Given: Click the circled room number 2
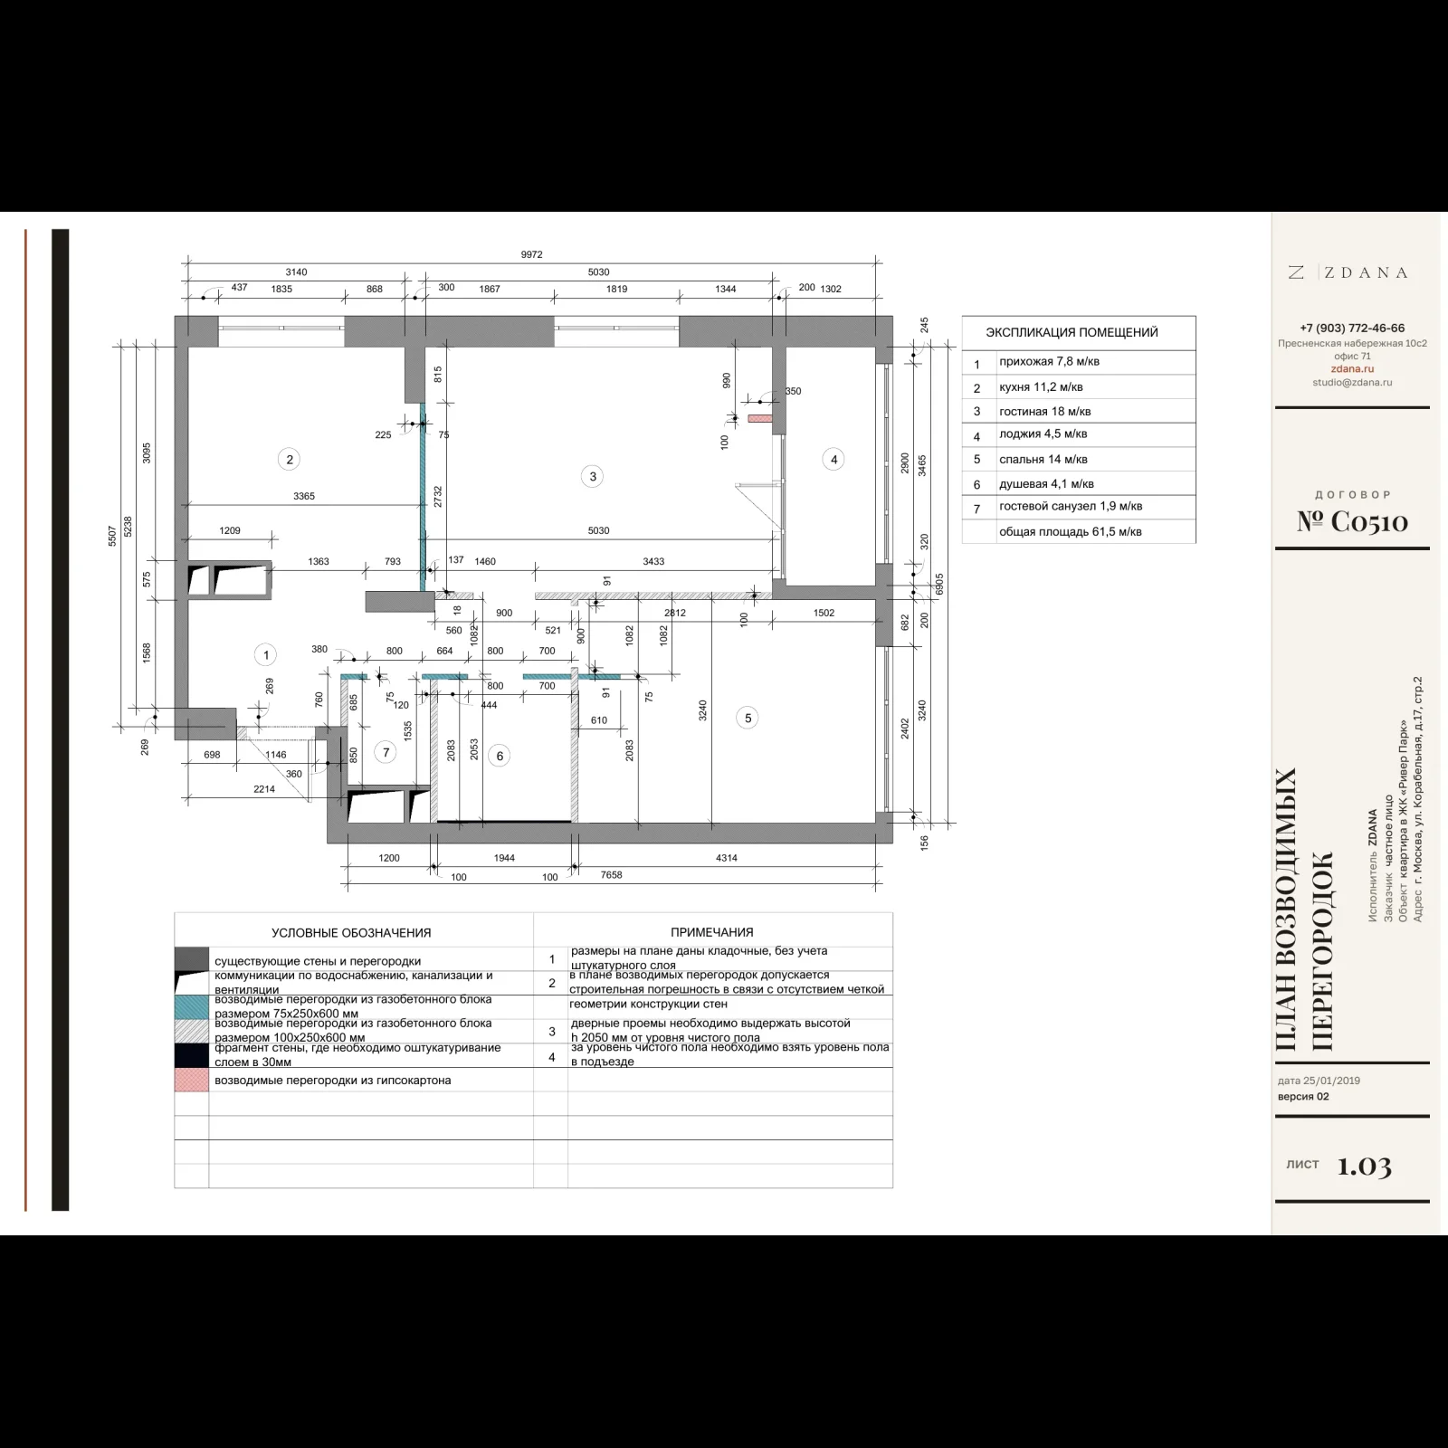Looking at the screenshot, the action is click(290, 459).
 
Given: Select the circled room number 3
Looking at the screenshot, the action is click(593, 476).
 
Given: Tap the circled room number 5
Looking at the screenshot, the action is click(748, 719).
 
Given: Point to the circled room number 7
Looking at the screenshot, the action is click(386, 752).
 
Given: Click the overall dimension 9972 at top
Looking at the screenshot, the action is click(531, 255).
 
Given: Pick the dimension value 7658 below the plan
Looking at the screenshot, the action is click(611, 875).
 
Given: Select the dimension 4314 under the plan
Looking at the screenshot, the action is click(726, 858).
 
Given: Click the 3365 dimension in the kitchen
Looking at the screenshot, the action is click(304, 496).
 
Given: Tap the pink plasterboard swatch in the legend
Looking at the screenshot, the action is click(192, 1080).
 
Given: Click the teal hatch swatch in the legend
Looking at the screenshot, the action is click(192, 1007).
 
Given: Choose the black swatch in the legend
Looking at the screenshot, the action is click(192, 1055).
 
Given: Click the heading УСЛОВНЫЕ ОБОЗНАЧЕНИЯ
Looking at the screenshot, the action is click(351, 933).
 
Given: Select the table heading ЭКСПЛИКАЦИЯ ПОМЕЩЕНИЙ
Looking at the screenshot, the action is click(1072, 332).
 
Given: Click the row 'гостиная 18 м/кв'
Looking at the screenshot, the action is click(1044, 411).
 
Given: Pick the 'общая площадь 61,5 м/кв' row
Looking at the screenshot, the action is click(1070, 532).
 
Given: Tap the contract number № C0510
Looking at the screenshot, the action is click(1352, 521).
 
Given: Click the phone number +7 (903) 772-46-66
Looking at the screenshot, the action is click(1352, 329).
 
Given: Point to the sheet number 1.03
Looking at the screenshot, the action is click(1365, 1167).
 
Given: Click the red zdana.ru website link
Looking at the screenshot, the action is click(1352, 369).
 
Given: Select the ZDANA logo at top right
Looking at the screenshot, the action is click(1348, 272).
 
